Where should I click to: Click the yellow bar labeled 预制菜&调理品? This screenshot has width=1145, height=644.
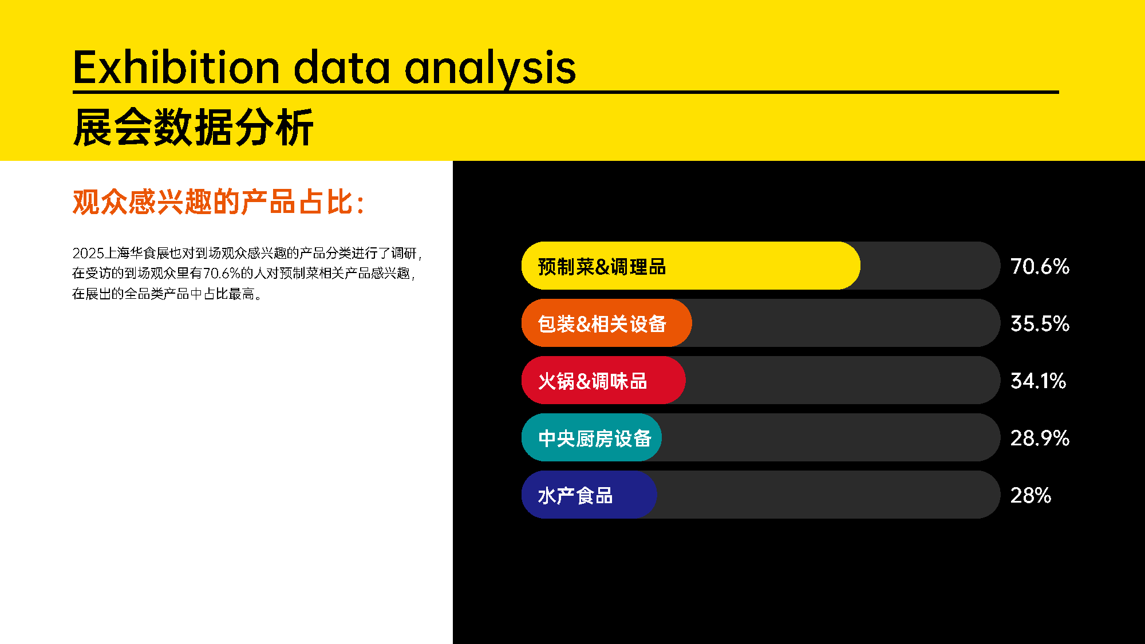[x=690, y=266]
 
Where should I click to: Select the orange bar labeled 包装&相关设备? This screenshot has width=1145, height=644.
[x=606, y=323]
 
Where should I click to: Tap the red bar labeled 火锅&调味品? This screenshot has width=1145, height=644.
[x=603, y=380]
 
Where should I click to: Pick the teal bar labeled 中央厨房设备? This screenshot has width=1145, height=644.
[x=591, y=437]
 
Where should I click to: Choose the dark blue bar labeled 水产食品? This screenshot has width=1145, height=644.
[x=589, y=495]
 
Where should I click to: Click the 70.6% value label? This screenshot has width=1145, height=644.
[x=1040, y=266]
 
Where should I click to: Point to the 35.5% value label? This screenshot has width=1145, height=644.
[x=1040, y=323]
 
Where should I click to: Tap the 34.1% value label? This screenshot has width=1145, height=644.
[x=1038, y=381]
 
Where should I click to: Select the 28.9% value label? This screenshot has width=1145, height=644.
[x=1040, y=438]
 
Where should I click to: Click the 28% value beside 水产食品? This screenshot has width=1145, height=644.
[x=1030, y=495]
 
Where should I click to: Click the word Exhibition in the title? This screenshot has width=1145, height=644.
[x=176, y=68]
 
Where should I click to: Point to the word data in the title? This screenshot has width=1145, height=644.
[x=342, y=68]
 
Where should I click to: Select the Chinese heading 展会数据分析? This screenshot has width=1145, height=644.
[x=194, y=127]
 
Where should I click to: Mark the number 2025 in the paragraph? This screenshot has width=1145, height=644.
[x=88, y=253]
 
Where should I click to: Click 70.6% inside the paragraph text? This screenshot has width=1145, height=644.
[x=222, y=273]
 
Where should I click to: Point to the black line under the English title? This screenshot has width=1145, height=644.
[x=566, y=92]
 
